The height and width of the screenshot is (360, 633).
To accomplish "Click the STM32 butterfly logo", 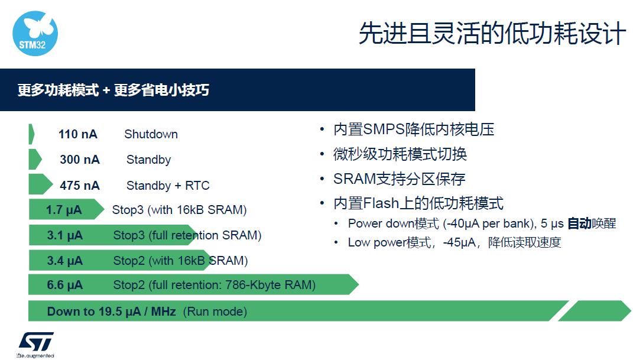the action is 35,33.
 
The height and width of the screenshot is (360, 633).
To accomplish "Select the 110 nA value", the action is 78,134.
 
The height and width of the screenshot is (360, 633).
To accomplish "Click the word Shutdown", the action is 151,134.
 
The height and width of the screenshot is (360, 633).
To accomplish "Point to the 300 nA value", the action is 80,160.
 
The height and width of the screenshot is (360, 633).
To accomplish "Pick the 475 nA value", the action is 80,185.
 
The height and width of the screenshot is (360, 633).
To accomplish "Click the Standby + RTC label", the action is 168,185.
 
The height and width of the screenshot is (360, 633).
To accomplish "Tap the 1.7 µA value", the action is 64,210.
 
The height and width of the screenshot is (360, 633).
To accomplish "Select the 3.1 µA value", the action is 64,235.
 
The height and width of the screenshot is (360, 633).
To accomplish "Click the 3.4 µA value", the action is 64,261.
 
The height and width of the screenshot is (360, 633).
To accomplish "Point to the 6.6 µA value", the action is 64,285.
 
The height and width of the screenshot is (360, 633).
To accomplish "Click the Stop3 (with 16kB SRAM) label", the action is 179,210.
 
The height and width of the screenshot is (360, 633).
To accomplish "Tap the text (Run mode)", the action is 215,312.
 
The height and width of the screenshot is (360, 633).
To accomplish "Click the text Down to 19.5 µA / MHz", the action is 112,312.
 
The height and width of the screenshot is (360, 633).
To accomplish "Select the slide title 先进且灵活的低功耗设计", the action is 492,33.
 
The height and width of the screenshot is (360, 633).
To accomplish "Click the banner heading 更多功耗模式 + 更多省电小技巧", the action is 113,90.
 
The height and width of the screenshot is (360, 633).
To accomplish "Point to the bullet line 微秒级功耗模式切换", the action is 400,154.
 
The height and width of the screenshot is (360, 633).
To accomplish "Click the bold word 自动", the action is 579,223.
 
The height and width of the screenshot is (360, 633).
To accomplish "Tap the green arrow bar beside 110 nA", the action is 31,134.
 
